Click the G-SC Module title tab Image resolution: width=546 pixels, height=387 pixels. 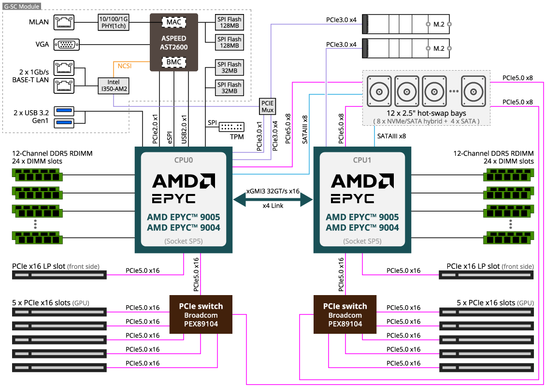click(x=22, y=7)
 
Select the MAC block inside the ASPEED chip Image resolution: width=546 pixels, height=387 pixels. click(x=174, y=22)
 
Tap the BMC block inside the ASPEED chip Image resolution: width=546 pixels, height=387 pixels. click(x=174, y=62)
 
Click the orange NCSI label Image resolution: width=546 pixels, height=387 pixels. click(x=125, y=66)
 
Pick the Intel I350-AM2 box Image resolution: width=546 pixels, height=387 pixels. click(x=114, y=86)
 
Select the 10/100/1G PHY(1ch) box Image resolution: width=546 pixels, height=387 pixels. click(x=114, y=22)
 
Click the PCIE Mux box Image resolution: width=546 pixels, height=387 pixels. click(x=267, y=106)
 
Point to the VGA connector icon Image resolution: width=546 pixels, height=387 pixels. click(x=66, y=45)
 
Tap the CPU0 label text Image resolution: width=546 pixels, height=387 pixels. click(x=184, y=160)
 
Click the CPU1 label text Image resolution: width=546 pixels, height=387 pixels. click(x=362, y=160)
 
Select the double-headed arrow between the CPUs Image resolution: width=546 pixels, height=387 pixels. click(x=273, y=199)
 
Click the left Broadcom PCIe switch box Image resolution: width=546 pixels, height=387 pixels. click(x=201, y=314)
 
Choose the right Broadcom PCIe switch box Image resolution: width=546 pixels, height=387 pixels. click(x=345, y=314)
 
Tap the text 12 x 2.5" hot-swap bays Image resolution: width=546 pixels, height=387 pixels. click(x=426, y=113)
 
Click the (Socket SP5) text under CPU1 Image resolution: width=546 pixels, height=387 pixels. click(x=362, y=241)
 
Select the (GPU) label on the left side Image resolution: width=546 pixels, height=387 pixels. click(x=81, y=303)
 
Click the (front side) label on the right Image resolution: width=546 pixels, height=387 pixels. click(x=517, y=267)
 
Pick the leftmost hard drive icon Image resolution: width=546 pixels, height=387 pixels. click(x=379, y=91)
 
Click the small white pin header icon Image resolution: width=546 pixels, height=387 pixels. click(x=231, y=127)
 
